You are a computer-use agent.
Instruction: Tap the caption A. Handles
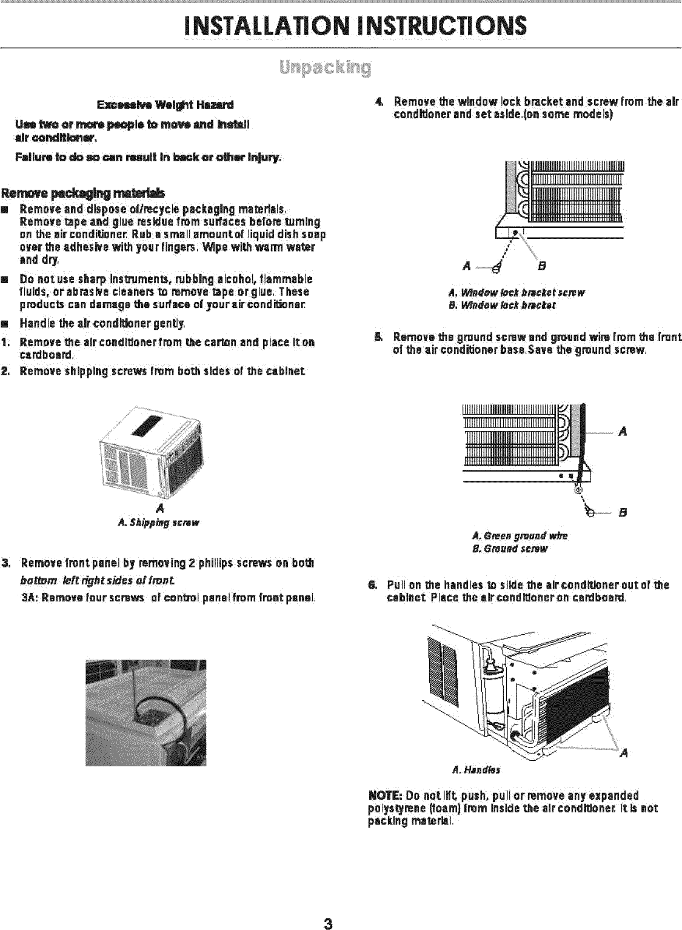click(x=476, y=770)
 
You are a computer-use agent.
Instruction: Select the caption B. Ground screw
click(x=510, y=549)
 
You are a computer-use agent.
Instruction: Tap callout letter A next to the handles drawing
click(x=624, y=753)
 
